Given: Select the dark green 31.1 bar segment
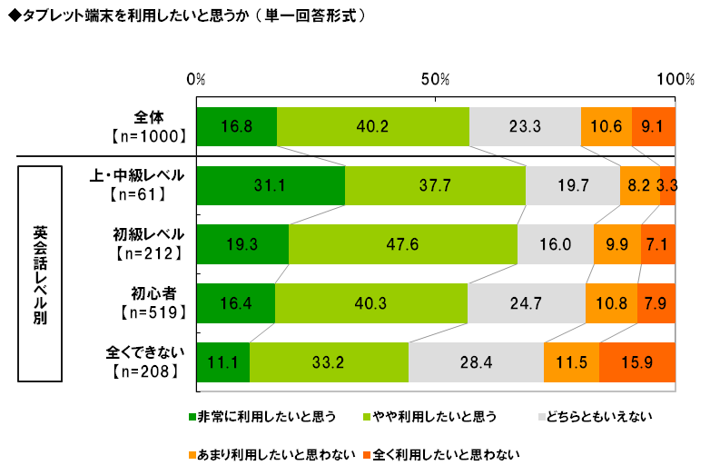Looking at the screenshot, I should [271, 186].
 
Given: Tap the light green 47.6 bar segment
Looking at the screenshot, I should [403, 245].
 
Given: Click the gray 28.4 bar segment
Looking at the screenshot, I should [476, 362].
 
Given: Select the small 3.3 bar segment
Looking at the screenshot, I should [667, 186].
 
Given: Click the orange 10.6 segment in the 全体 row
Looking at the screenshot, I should [606, 126].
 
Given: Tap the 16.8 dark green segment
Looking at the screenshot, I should [236, 126].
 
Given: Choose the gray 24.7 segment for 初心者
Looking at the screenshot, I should [527, 303].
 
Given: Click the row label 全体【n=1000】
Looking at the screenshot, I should [148, 126].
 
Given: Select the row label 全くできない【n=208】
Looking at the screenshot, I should [142, 362].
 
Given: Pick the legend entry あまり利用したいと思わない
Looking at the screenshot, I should [269, 451].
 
